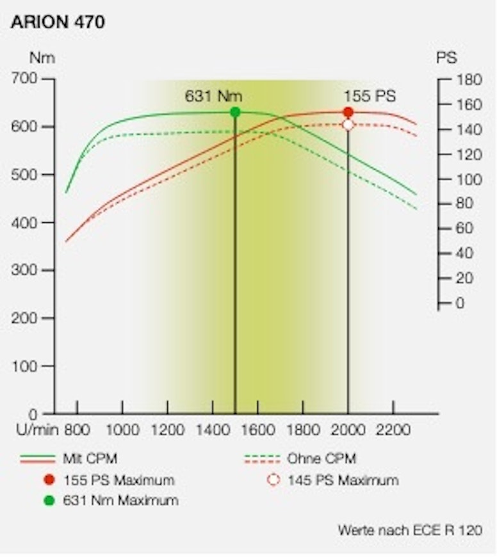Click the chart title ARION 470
click(58, 22)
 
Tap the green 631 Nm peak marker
click(235, 112)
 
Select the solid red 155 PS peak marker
click(348, 112)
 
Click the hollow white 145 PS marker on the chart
click(348, 125)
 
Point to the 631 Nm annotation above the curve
click(213, 96)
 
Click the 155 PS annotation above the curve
click(370, 96)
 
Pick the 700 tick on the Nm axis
click(26, 79)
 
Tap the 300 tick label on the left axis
click(26, 270)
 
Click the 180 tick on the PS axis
click(468, 79)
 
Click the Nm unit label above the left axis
click(42, 58)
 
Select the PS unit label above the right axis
click(446, 58)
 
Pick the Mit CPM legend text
click(90, 458)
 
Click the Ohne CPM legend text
click(322, 458)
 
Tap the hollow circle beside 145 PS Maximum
click(273, 480)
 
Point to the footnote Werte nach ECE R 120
click(410, 531)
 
